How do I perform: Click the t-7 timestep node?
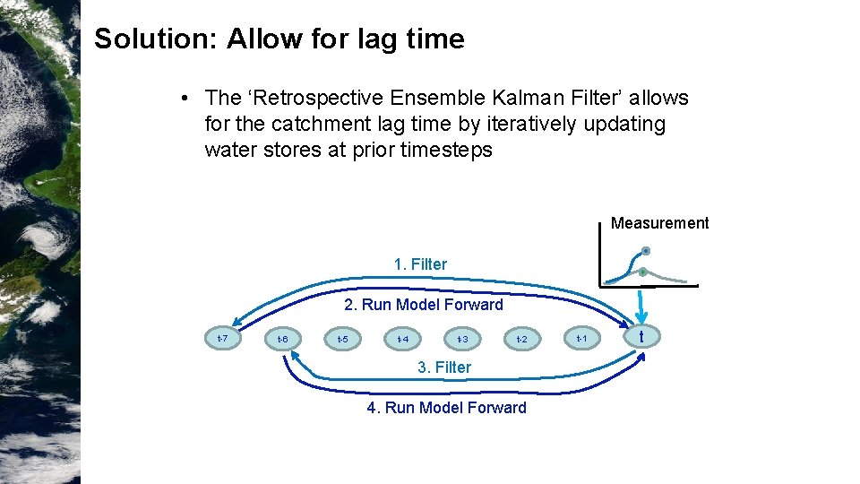click(x=223, y=338)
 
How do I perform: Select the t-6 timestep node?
click(x=282, y=339)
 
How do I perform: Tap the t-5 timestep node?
click(x=341, y=340)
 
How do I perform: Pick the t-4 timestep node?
click(x=403, y=340)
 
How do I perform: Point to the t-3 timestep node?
click(x=462, y=340)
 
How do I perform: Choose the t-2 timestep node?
click(x=521, y=340)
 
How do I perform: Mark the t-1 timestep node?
click(x=580, y=338)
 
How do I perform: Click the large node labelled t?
click(x=641, y=337)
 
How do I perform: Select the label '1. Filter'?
click(x=420, y=264)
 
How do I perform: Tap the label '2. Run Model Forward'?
click(x=424, y=305)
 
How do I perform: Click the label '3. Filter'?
click(x=444, y=367)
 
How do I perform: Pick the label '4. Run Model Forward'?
click(x=447, y=408)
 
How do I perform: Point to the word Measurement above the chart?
click(x=659, y=223)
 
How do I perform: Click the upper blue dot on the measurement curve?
click(x=645, y=251)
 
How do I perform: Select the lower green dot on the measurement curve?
click(x=642, y=272)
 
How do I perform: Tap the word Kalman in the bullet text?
click(x=512, y=98)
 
